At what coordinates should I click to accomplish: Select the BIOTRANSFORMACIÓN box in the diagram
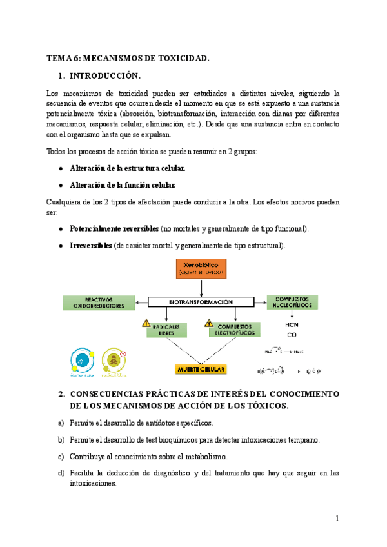[201, 301]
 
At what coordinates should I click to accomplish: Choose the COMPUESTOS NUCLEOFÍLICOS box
[292, 302]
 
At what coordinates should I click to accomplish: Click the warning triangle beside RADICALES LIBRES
[147, 323]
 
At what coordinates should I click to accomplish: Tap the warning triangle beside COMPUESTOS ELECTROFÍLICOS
[209, 323]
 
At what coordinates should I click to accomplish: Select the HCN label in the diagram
[292, 324]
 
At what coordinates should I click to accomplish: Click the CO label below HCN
[292, 335]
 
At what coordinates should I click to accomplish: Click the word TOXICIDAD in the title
[183, 59]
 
